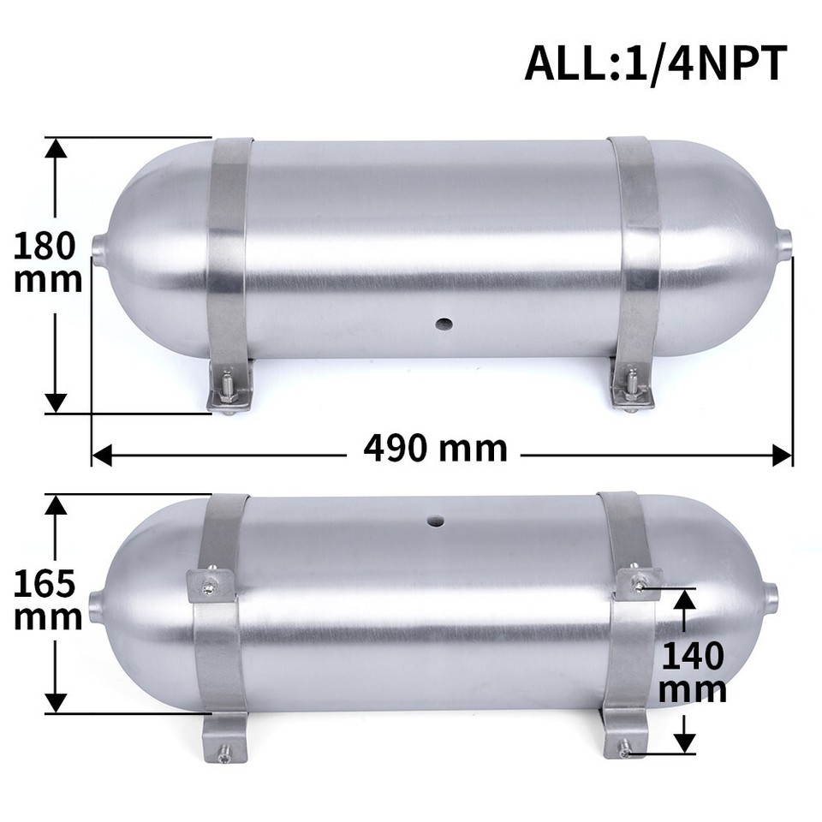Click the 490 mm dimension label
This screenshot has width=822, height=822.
pyautogui.click(x=435, y=448)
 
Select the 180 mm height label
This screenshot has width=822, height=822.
pyautogui.click(x=48, y=262)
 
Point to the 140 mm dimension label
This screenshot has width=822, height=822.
pyautogui.click(x=692, y=673)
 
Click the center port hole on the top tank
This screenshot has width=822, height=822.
pyautogui.click(x=444, y=324)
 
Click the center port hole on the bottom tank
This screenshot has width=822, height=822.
pyautogui.click(x=436, y=520)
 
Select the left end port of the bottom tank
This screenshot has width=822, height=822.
pyautogui.click(x=96, y=607)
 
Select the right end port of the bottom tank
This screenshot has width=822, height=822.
pyautogui.click(x=771, y=594)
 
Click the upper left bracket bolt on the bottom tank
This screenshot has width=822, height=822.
pyautogui.click(x=209, y=586)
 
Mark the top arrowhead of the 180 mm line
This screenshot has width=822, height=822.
pyautogui.click(x=56, y=147)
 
